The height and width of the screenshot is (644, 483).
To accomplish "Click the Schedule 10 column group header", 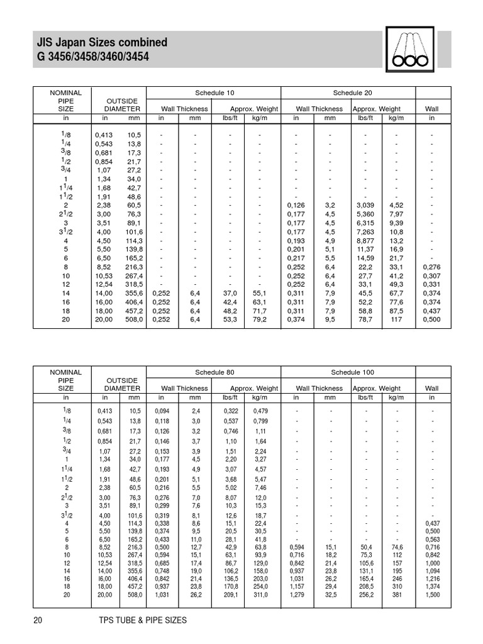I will pyautogui.click(x=214, y=92).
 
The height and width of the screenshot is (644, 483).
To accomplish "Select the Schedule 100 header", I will pyautogui.click(x=348, y=372).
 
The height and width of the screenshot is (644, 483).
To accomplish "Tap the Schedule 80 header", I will pyautogui.click(x=214, y=372).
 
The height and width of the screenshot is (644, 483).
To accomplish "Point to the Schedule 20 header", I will pyautogui.click(x=348, y=92).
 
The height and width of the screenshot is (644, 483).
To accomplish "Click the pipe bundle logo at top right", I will pyautogui.click(x=409, y=48).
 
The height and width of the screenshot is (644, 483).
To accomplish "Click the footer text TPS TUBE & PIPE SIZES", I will pyautogui.click(x=139, y=621).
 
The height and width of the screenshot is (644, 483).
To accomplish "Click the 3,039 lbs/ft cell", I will pyautogui.click(x=365, y=205).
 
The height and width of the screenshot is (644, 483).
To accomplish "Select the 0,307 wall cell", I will pyautogui.click(x=432, y=275).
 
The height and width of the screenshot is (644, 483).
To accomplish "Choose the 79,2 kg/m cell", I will pyautogui.click(x=260, y=319).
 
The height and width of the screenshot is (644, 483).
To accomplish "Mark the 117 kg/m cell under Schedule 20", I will pyautogui.click(x=396, y=319).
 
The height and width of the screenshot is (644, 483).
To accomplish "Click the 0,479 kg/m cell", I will pyautogui.click(x=260, y=411).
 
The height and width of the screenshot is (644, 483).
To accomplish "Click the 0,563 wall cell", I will pyautogui.click(x=432, y=539).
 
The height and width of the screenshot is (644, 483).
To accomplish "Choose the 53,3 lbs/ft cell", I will pyautogui.click(x=230, y=319).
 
